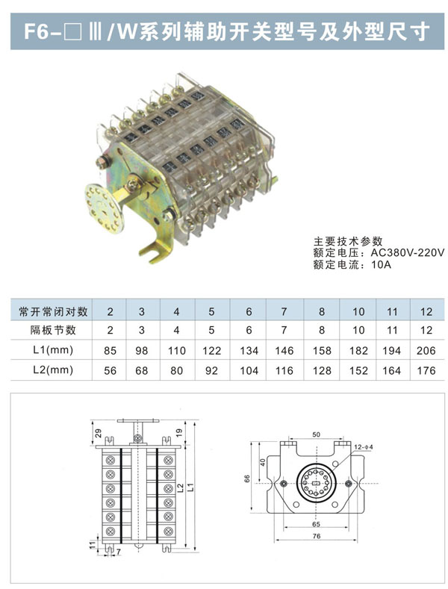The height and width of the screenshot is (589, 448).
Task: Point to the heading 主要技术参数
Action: click(x=347, y=241)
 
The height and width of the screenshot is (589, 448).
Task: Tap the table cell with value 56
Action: click(x=111, y=369)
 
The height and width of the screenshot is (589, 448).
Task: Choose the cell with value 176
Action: click(x=426, y=369)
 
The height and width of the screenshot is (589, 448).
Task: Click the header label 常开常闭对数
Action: click(x=53, y=310)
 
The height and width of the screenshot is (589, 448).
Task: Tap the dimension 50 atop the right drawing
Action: click(x=316, y=434)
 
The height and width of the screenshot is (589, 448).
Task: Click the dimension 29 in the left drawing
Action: click(x=98, y=433)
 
